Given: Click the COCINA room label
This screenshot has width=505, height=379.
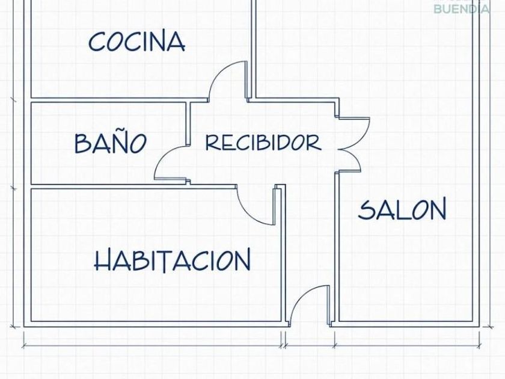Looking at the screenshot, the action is click(137, 41).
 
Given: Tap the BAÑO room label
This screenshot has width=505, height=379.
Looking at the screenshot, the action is click(111, 142).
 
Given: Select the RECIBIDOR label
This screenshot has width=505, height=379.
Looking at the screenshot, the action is click(263, 143).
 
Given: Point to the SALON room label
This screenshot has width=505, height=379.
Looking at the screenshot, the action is click(402, 209).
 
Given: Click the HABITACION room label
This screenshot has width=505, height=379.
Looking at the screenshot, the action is click(173, 259).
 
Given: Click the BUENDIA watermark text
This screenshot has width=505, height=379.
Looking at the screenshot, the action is click(462, 8).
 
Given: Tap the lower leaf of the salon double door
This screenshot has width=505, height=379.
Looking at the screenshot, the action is click(353, 159).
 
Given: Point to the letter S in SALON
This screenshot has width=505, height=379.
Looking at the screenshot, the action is click(367, 210).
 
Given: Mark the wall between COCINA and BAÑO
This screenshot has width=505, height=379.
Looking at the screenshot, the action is click(119, 100).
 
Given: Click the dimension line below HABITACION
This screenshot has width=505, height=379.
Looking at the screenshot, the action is click(152, 346).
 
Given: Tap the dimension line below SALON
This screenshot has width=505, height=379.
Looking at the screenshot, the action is click(407, 346).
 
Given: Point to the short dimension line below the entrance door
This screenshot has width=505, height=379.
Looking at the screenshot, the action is click(310, 346).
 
